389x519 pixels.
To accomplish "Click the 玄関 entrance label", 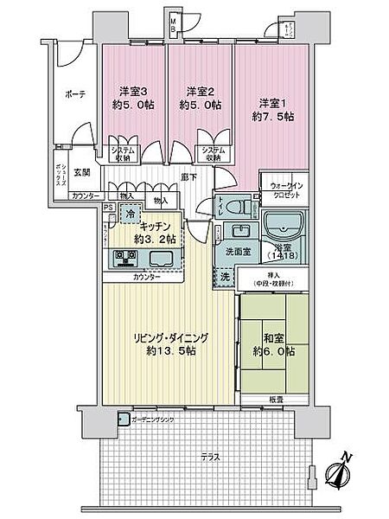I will [82, 173].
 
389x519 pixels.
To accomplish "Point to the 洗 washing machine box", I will [224, 279].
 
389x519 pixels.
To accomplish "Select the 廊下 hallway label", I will [189, 176].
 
